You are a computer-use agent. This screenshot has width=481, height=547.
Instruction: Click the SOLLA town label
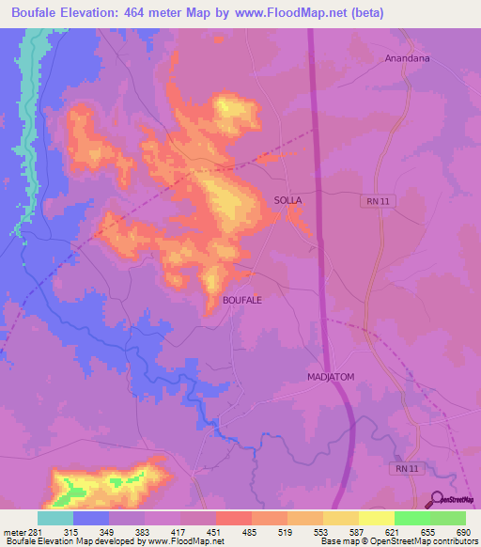point(287,200)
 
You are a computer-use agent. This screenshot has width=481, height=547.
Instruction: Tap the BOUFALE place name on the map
point(241,299)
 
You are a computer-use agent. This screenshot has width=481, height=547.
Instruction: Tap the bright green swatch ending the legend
point(448,518)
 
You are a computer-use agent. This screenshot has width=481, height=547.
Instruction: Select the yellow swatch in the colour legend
point(377,518)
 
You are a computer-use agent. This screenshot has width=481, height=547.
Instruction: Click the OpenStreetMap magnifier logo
point(438,501)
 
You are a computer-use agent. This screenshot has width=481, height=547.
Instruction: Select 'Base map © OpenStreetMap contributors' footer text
point(397,540)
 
